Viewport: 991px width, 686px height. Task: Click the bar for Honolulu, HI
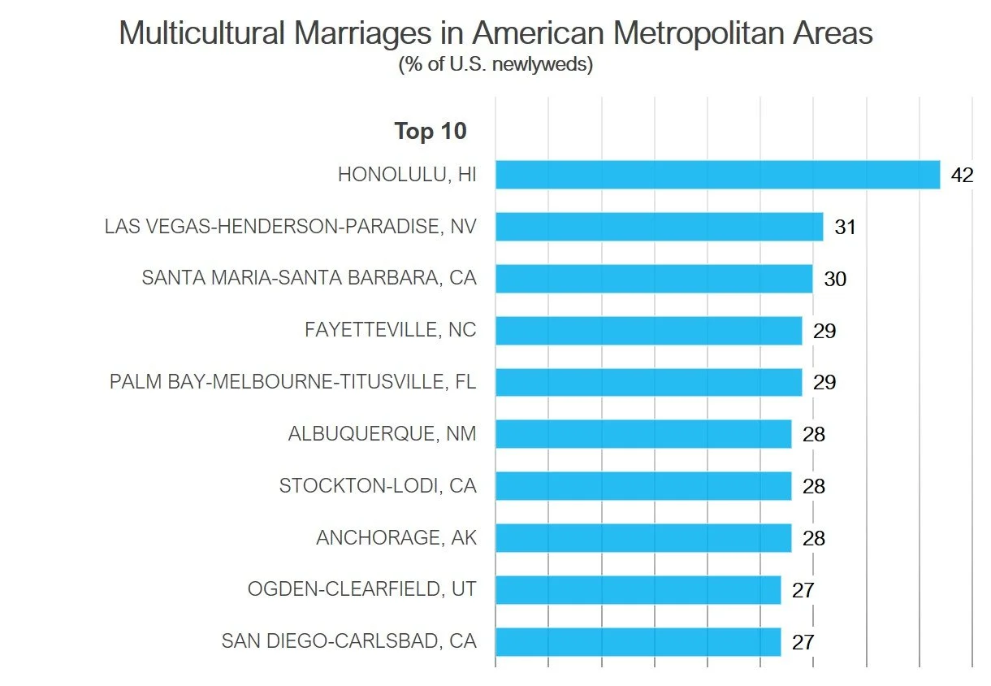717,175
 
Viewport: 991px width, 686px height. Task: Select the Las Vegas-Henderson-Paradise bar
659,227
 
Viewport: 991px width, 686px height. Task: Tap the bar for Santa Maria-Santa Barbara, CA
654,279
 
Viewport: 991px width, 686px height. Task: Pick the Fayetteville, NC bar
648,331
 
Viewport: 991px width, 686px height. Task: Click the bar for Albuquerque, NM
643,434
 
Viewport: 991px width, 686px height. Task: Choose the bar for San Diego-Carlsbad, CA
638,642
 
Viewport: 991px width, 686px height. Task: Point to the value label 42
962,176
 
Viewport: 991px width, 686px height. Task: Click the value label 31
845,228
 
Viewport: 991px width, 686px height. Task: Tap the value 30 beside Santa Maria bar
834,280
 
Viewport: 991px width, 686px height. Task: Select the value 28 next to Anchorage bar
813,539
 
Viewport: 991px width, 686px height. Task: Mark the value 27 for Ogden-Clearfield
803,591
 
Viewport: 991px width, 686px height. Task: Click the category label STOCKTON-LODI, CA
377,486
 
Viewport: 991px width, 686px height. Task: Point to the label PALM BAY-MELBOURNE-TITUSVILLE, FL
292,382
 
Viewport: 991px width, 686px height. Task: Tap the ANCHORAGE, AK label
396,538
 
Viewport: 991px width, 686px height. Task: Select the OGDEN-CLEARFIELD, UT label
361,590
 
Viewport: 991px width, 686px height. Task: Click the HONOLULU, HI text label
406,175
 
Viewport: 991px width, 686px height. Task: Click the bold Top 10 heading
430,131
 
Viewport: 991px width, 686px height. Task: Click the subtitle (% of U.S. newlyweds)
495,65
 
